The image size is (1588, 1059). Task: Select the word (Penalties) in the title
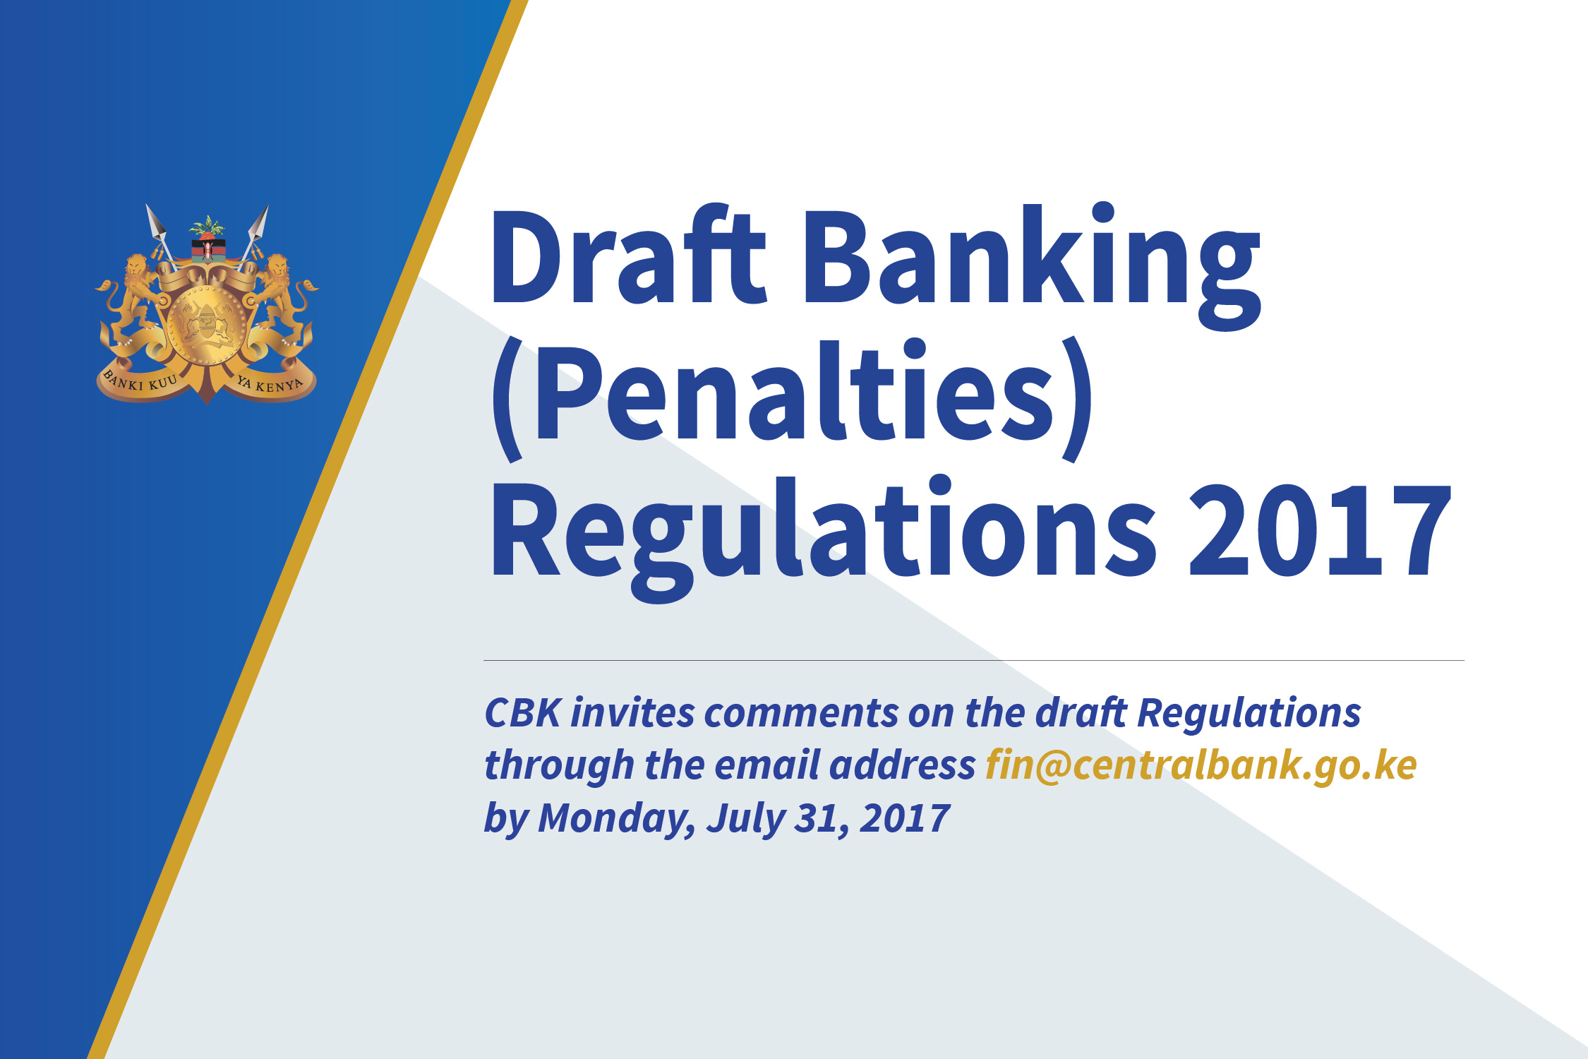790,395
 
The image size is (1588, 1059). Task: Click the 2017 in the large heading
1320,529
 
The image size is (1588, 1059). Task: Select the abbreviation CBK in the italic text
522,713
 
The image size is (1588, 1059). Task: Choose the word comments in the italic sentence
800,713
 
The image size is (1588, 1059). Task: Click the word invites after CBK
632,713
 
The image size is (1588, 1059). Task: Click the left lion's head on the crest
136,267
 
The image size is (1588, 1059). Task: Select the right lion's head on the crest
277,267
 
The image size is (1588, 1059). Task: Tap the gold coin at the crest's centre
207,325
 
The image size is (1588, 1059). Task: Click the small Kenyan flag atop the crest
207,249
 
